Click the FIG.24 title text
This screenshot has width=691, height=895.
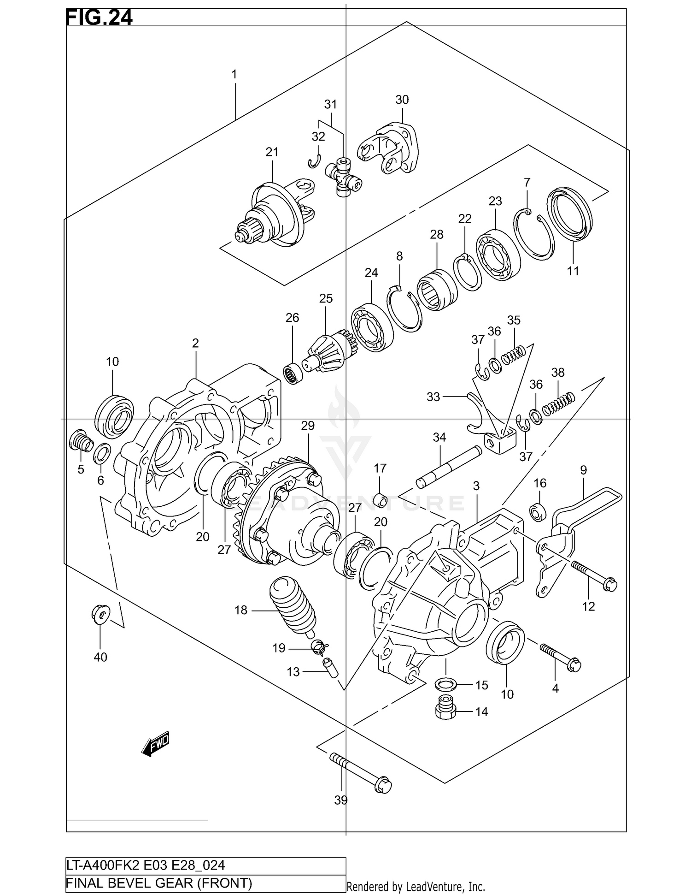point(99,18)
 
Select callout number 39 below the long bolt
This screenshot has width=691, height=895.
point(341,800)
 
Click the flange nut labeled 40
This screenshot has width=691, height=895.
point(101,614)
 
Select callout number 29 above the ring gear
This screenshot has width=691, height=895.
point(308,426)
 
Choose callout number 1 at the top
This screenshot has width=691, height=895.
point(234,74)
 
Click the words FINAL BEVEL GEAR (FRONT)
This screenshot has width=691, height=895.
point(159,883)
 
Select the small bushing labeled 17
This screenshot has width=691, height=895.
point(381,499)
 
